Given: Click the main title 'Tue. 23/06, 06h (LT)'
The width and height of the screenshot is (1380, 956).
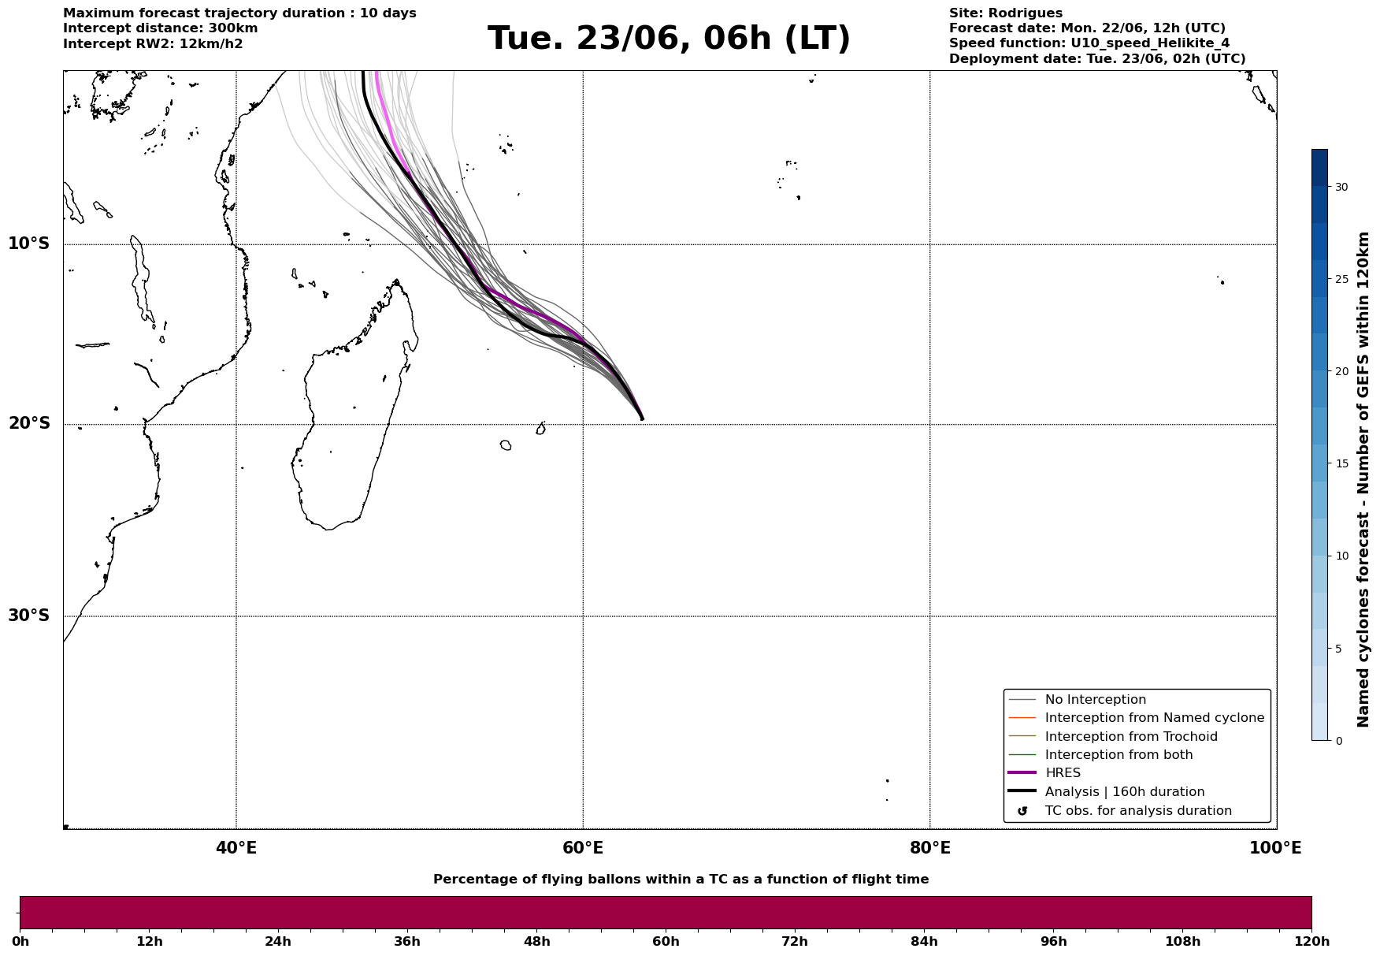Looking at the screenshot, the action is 669,39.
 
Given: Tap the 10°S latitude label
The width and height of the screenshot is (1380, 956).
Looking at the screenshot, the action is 29,244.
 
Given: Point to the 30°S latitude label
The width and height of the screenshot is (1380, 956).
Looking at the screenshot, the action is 29,616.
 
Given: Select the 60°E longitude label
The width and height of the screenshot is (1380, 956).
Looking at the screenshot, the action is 583,848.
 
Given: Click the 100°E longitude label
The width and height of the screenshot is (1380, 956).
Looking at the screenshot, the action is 1275,848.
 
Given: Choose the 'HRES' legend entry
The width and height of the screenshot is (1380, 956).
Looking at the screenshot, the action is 1063,773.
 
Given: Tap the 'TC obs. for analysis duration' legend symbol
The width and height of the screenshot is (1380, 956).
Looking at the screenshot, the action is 1022,811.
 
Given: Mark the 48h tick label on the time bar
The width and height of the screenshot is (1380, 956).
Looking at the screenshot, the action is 537,942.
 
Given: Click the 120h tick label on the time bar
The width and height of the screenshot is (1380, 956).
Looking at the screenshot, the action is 1311,942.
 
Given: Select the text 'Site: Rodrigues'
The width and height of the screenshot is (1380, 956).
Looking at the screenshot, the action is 1006,13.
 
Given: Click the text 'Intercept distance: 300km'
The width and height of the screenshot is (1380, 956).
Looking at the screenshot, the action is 161,28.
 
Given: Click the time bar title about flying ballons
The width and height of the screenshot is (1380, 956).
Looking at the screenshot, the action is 681,880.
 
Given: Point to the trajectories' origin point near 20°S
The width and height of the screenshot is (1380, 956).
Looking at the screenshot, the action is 642,418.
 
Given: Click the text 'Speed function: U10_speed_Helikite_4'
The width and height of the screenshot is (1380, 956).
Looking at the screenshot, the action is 1089,43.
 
